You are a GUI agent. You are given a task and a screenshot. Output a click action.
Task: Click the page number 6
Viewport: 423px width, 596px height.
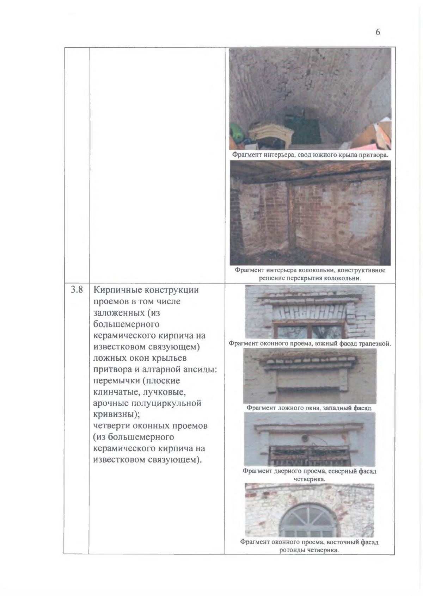378,32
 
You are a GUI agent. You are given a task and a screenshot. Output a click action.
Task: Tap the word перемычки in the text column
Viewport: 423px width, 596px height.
116,381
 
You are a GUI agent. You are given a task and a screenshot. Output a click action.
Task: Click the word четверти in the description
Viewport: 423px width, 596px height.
111,426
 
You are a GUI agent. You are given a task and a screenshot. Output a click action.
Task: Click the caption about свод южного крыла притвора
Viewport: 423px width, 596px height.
310,155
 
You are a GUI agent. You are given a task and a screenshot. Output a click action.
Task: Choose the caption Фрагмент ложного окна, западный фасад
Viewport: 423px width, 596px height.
309,408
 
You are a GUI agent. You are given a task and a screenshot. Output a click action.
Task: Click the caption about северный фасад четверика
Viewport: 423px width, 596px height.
309,475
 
